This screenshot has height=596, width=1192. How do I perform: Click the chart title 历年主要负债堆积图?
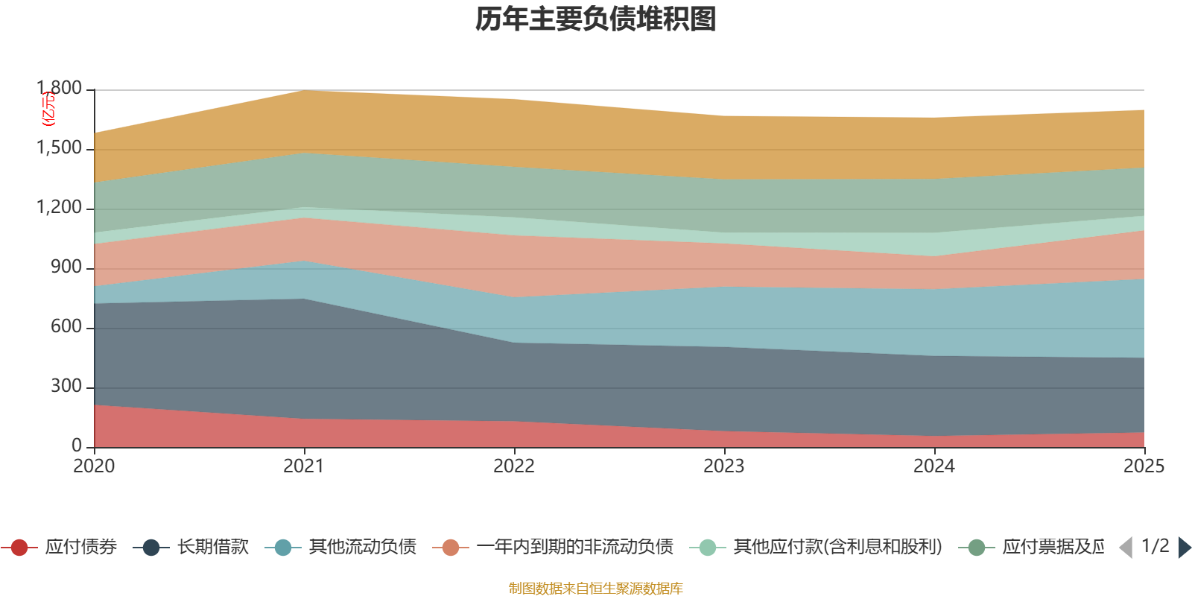(x=596, y=19)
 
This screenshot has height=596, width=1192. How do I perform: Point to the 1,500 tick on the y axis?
(x=60, y=148)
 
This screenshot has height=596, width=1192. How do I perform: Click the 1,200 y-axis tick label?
(x=60, y=208)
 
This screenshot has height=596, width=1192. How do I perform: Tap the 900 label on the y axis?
(x=66, y=267)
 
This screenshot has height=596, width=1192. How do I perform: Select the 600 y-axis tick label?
(x=66, y=327)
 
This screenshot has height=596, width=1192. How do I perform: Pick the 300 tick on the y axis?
(x=66, y=387)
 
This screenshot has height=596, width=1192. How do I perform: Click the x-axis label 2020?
(x=94, y=466)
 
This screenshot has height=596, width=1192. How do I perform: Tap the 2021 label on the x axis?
(x=304, y=466)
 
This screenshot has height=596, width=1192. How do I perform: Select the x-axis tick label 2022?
(x=514, y=466)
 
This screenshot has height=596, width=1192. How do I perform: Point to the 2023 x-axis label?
(x=724, y=466)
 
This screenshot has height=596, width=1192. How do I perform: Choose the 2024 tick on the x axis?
(x=934, y=466)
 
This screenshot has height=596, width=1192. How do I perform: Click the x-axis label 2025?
(x=1144, y=466)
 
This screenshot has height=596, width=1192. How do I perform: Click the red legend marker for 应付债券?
(x=19, y=548)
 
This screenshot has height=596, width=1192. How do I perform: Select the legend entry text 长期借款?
(x=212, y=548)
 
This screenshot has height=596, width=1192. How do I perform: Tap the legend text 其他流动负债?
(x=362, y=548)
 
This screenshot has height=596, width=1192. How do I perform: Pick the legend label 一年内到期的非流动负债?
(x=574, y=548)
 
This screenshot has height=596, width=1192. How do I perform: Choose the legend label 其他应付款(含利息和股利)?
(x=837, y=548)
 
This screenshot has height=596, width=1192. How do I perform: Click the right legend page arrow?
(x=1185, y=548)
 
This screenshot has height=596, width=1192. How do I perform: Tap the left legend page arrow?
(x=1126, y=548)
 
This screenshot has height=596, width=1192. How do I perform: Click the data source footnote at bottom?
(x=596, y=589)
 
